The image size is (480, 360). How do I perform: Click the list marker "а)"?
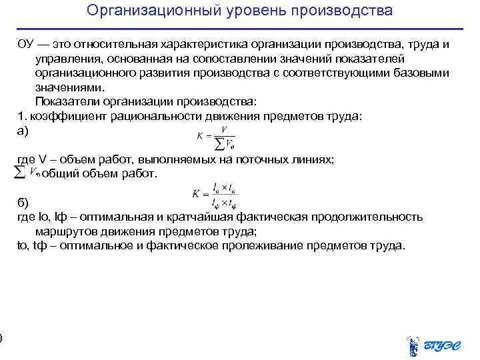point(23,131)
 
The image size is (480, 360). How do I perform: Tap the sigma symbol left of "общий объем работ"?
point(21,172)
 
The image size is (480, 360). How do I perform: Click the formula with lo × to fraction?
point(215,197)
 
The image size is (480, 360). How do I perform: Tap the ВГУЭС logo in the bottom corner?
point(433,344)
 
